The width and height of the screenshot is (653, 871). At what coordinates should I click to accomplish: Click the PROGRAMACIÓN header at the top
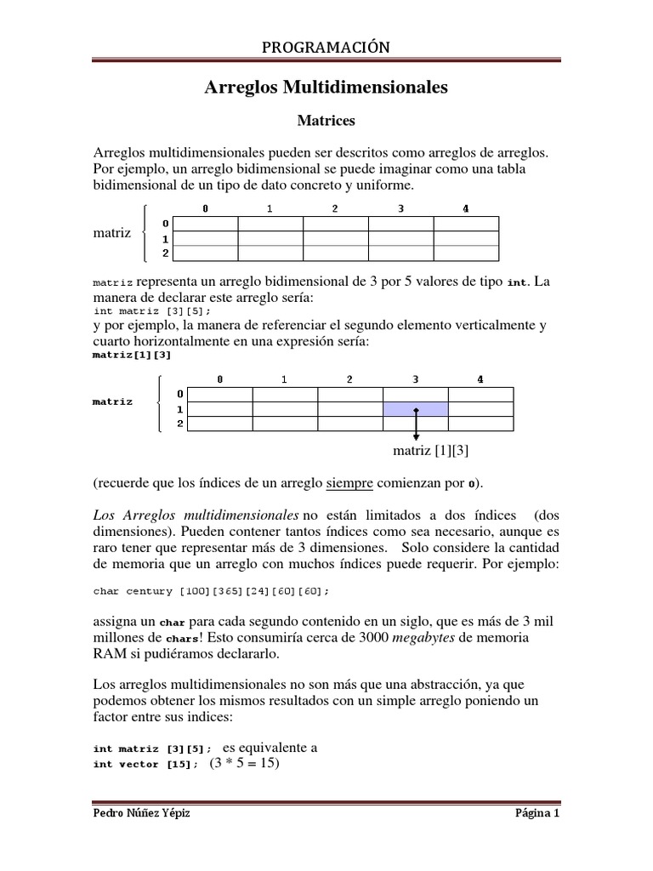326,48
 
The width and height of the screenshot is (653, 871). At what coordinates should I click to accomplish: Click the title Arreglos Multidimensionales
326,87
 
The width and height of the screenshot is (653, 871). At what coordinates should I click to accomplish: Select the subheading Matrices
326,122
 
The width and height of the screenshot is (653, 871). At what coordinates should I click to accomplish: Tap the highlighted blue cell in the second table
416,409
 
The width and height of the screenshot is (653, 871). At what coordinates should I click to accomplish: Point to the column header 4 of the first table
465,209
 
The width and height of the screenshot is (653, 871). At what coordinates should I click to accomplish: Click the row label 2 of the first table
165,253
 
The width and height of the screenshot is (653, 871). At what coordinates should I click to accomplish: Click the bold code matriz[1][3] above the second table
131,356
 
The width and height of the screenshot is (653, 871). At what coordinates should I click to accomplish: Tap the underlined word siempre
349,483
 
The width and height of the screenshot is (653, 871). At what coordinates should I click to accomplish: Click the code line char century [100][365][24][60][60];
210,590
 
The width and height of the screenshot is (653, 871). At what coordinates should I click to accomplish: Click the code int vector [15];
145,765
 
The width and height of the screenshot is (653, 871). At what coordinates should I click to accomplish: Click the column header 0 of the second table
219,380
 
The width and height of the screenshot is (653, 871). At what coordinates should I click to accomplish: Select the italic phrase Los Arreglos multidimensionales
195,515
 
